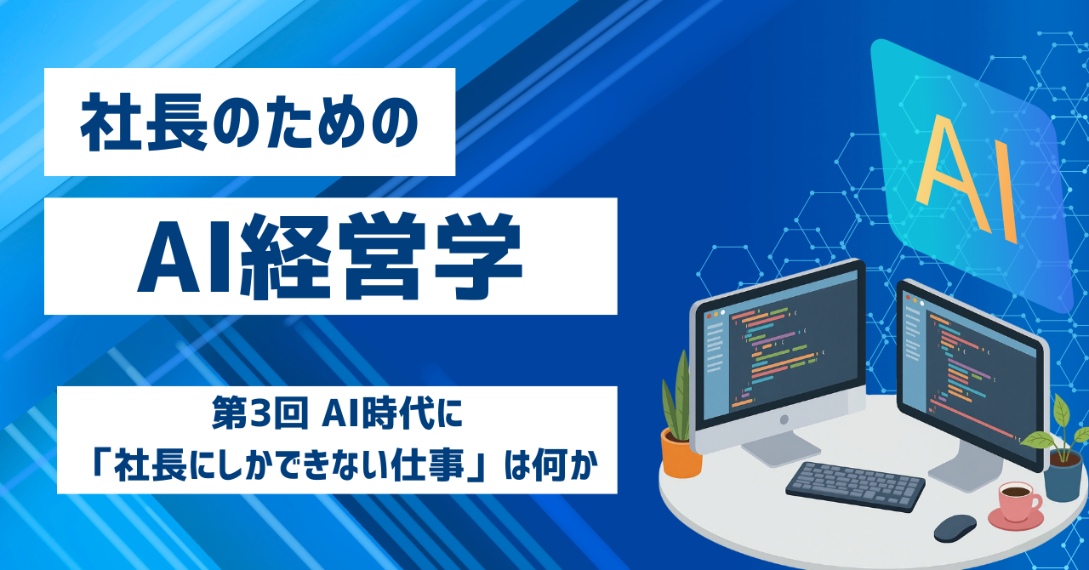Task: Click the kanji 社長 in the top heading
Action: click(x=145, y=122)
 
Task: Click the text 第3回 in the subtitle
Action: click(x=260, y=413)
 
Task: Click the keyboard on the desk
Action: click(x=856, y=487)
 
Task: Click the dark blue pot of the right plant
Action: click(x=1063, y=474)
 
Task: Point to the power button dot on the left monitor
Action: click(x=784, y=419)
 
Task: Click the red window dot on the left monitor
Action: click(x=709, y=316)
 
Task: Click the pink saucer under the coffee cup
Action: click(x=1016, y=520)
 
